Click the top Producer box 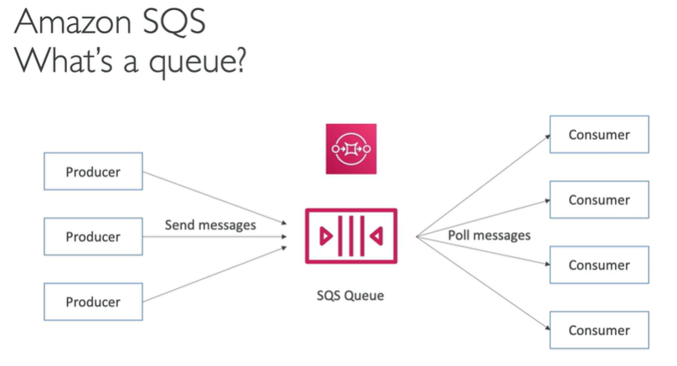(x=93, y=173)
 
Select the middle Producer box (x=93, y=237)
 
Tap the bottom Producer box (x=93, y=302)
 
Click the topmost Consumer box (x=598, y=135)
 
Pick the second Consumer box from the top (x=598, y=200)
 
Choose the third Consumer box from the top (x=598, y=265)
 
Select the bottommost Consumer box (x=598, y=330)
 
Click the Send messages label (x=210, y=224)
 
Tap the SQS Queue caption (x=351, y=295)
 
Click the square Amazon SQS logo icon (x=351, y=148)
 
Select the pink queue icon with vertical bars (x=351, y=237)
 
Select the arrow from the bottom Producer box (x=218, y=272)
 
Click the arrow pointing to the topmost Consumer (x=482, y=185)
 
